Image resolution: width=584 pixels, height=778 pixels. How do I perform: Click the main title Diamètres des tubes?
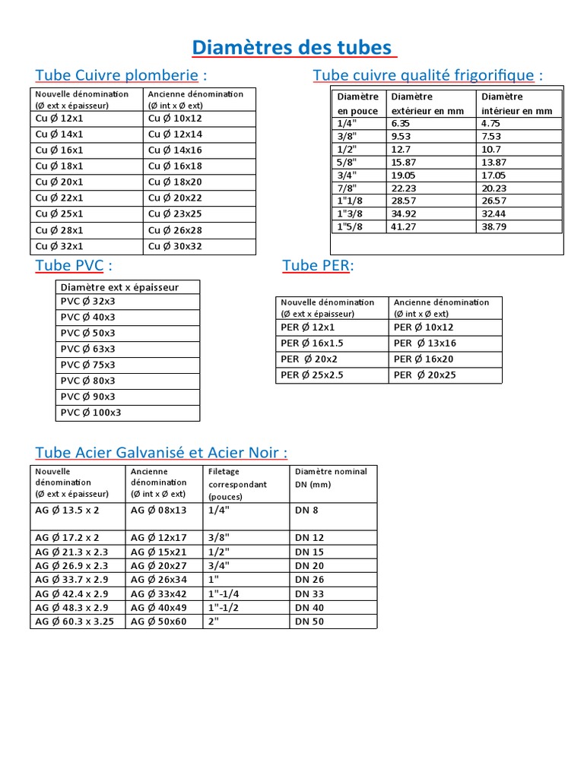293,48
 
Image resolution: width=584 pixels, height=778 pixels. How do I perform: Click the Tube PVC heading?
74,265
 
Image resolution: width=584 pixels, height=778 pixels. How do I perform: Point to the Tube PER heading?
318,265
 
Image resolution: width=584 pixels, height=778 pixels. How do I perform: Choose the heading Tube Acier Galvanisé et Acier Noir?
161,452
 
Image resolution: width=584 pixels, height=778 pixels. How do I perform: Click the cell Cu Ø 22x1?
59,198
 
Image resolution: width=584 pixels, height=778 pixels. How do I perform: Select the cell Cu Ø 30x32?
176,246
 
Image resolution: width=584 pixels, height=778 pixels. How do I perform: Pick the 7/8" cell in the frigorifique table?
348,188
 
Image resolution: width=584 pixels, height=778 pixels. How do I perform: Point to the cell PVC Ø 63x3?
87,349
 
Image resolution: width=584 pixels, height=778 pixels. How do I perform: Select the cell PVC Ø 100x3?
90,413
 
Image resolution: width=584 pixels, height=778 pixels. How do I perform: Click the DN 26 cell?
309,580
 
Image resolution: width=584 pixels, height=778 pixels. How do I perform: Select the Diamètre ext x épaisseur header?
119,287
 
